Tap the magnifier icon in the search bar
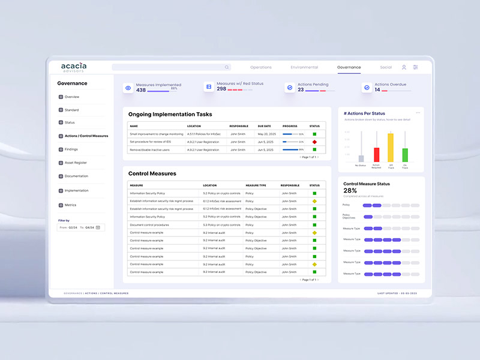coord(226,67)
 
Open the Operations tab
coord(261,67)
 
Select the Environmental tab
coord(304,67)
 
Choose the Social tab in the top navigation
coord(386,67)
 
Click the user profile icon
coord(404,67)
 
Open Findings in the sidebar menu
coord(71,149)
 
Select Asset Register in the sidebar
coord(76,163)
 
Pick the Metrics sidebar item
coord(70,205)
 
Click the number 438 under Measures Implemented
coord(141,90)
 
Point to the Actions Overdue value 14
coord(377,90)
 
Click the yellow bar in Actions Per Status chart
coord(391,148)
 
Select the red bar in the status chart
coord(376,155)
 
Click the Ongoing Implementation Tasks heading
coord(170,114)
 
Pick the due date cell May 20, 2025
coord(266,134)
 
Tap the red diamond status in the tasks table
coord(314,142)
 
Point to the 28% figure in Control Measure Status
coord(350,190)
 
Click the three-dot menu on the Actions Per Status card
coord(418,113)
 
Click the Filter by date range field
coord(81,227)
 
